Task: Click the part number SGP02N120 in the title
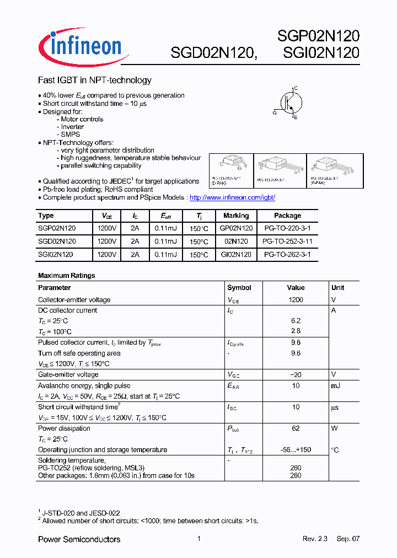click(318, 36)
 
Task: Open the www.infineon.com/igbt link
click(232, 197)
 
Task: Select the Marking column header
click(236, 216)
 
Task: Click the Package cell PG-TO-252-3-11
click(287, 242)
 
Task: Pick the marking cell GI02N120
click(236, 255)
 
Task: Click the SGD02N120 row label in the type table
click(57, 242)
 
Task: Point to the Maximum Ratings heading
click(67, 275)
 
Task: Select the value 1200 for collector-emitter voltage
click(296, 300)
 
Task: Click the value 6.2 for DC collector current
click(296, 321)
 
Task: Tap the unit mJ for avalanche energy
click(336, 386)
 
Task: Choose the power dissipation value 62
click(296, 428)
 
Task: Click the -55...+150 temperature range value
click(296, 450)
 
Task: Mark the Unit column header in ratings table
click(337, 288)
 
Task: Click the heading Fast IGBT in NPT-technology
click(94, 81)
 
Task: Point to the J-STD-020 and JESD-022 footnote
click(81, 513)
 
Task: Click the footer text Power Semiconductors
click(79, 539)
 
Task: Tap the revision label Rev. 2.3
click(315, 539)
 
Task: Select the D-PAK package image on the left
click(230, 165)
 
